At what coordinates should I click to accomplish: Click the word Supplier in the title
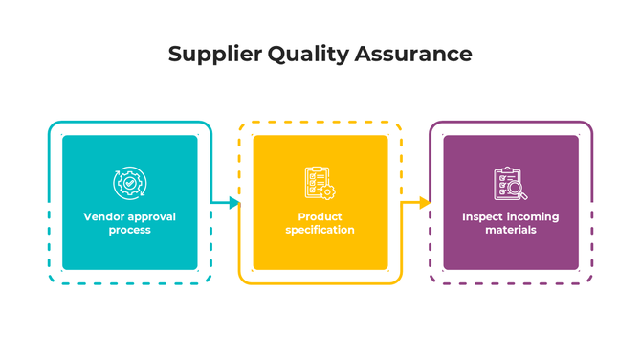click(x=205, y=54)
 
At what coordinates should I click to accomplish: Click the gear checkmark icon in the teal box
click(x=129, y=182)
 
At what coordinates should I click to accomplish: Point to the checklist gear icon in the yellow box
click(x=320, y=182)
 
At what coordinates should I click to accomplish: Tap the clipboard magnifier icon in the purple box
click(x=510, y=182)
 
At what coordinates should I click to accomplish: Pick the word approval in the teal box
click(x=151, y=217)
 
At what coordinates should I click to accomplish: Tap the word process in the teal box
click(x=129, y=230)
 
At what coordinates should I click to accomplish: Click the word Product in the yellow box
click(x=320, y=217)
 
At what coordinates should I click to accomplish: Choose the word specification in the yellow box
click(x=320, y=230)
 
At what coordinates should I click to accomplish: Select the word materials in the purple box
click(x=510, y=230)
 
